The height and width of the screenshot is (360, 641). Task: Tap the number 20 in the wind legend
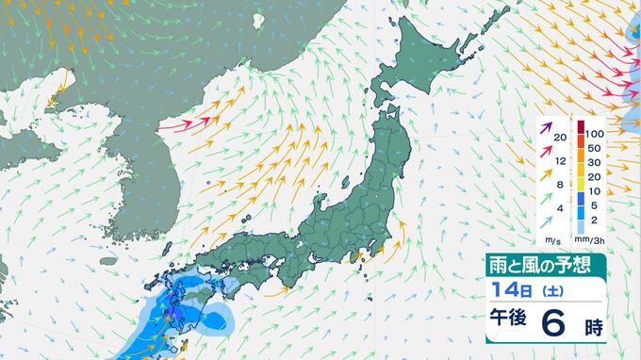tap(561, 138)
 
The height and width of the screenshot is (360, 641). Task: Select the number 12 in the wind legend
tap(561, 162)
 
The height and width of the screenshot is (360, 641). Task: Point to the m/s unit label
tap(549, 240)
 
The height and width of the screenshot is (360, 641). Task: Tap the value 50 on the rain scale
tap(594, 149)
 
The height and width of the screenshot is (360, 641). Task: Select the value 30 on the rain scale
tap(594, 165)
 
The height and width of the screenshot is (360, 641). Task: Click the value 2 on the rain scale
tap(593, 225)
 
